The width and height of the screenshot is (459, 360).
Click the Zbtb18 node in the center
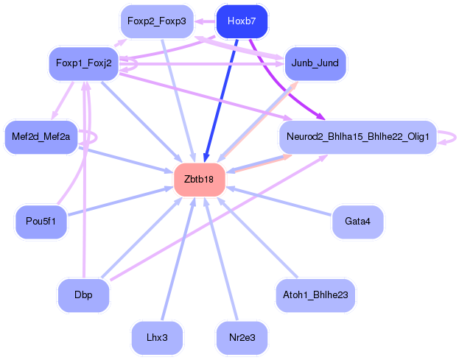pos(199,180)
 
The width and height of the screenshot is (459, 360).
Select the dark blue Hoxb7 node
pos(242,21)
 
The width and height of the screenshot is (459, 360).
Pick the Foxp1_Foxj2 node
pos(83,63)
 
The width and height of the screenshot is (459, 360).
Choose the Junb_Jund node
pos(315,63)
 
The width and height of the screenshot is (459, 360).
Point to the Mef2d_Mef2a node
pos(41,137)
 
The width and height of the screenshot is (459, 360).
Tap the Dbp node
pos(83,295)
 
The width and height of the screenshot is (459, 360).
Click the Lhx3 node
pos(157,338)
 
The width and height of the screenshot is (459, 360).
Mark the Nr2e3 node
pos(242,338)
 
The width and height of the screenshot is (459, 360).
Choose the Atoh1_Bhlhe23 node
pos(315,295)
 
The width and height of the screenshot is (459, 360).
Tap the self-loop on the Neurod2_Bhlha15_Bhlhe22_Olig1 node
pos(447,138)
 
